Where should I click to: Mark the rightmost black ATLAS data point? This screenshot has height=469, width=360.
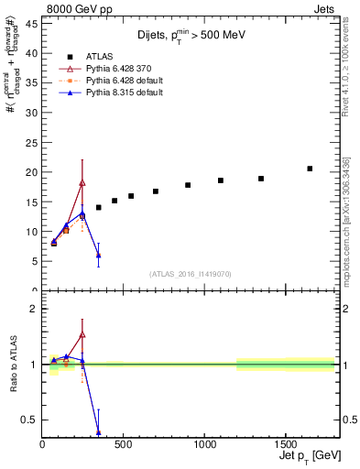(x=310, y=169)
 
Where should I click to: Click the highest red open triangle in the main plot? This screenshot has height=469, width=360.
(x=82, y=182)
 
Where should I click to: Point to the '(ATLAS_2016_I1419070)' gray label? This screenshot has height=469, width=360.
(x=191, y=273)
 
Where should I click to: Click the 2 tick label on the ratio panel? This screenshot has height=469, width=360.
(x=33, y=309)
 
